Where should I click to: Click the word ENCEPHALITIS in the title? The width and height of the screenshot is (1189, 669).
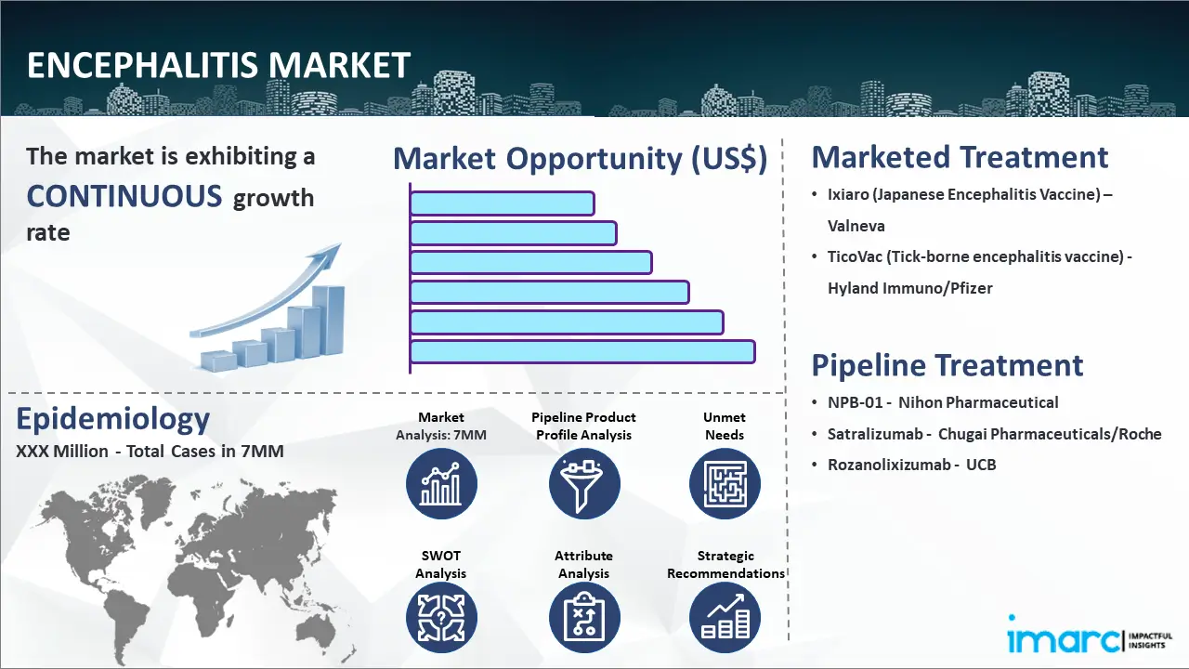[x=143, y=65]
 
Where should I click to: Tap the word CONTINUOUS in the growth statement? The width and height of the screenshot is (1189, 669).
[x=124, y=195]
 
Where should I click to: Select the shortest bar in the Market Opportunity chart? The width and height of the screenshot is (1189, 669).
[x=503, y=203]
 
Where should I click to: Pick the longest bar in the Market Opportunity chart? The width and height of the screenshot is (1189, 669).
[x=582, y=352]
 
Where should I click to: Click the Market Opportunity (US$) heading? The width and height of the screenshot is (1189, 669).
[x=581, y=159]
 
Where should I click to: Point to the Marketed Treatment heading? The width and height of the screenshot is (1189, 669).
[x=960, y=157]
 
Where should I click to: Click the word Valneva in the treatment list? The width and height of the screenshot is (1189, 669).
[x=856, y=226]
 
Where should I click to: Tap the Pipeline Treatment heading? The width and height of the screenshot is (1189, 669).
[x=947, y=365]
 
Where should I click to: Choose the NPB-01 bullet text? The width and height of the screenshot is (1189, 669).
[x=943, y=402]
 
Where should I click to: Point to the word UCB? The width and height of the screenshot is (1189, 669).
[x=981, y=466]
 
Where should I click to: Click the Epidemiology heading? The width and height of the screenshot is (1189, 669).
[x=113, y=419]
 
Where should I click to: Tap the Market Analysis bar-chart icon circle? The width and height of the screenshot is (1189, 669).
[x=441, y=484]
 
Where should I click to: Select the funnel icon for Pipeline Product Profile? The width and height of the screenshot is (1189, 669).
[x=584, y=484]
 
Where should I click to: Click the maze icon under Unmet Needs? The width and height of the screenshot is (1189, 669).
[x=725, y=484]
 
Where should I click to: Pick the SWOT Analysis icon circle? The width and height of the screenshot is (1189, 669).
[x=441, y=618]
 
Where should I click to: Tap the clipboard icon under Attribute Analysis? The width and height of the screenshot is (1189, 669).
[x=584, y=618]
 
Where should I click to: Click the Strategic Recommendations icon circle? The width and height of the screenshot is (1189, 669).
[x=725, y=618]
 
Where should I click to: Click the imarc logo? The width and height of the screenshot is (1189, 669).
[x=1090, y=635]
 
